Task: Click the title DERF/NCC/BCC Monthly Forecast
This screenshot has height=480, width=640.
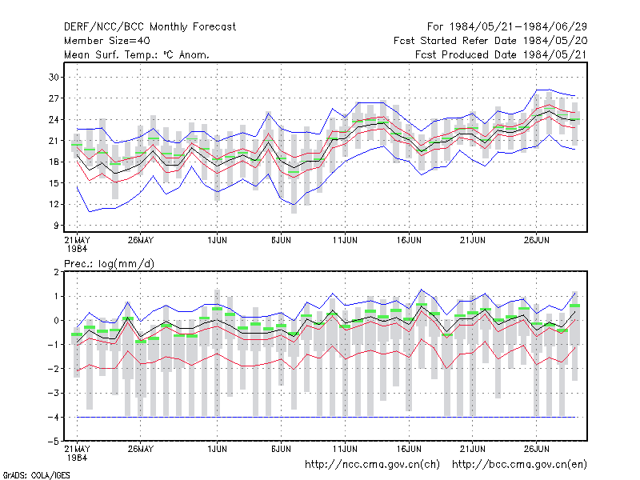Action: point(150,27)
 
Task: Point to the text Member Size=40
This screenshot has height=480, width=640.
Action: point(107,41)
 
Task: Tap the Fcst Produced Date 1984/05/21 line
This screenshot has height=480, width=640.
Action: point(501,54)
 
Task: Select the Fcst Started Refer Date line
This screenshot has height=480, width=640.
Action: point(490,41)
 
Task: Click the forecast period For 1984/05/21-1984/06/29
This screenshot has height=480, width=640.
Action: point(507,27)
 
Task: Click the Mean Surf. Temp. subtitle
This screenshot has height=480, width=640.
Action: point(137,54)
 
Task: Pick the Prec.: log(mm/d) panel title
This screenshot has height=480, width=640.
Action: point(109,264)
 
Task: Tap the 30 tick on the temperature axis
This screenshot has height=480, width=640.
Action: point(54,77)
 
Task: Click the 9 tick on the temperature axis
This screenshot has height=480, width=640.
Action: point(56,226)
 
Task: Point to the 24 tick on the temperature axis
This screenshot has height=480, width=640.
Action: point(54,119)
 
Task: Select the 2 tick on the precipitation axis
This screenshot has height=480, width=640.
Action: point(56,272)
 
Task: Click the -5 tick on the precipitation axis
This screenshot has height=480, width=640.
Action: point(54,442)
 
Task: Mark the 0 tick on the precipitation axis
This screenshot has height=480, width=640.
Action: point(56,321)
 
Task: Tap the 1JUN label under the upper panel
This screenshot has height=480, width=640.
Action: point(217,240)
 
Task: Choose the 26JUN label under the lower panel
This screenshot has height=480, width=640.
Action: point(536,449)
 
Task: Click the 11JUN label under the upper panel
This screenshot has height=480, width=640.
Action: point(345,240)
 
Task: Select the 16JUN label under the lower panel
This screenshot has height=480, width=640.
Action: point(409,449)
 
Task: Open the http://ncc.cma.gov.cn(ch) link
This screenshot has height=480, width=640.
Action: point(372,465)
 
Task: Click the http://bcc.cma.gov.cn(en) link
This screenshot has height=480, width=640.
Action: point(519,465)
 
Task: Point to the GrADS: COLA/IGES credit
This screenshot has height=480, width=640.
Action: point(36,475)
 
